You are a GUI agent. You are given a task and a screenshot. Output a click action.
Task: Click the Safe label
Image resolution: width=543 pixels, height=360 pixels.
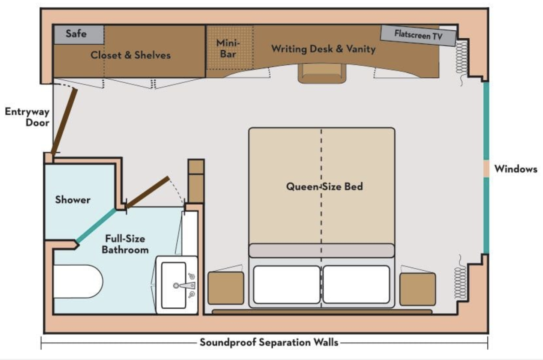pyautogui.click(x=76, y=34)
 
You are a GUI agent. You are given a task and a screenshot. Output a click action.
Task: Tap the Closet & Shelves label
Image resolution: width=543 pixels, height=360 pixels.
pyautogui.click(x=131, y=55)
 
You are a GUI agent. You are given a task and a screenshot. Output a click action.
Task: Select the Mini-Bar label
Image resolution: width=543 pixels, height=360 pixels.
pyautogui.click(x=228, y=48)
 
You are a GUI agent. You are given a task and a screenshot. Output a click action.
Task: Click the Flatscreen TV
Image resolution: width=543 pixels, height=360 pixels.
pyautogui.click(x=418, y=35)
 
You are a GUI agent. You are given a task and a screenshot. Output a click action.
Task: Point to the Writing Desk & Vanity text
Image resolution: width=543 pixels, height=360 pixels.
pyautogui.click(x=323, y=49)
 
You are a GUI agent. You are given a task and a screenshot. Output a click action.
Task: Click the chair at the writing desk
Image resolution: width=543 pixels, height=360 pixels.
pyautogui.click(x=322, y=73)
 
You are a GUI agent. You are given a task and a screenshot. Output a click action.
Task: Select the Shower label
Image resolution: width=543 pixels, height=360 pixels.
pyautogui.click(x=73, y=200)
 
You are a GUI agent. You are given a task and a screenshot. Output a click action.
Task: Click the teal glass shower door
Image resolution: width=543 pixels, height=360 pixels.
pyautogui.click(x=96, y=225)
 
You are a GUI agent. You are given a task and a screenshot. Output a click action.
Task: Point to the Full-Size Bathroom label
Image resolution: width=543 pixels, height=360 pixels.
pyautogui.click(x=125, y=244)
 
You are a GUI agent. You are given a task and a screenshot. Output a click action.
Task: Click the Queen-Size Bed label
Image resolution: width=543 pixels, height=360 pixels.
pyautogui.click(x=324, y=187)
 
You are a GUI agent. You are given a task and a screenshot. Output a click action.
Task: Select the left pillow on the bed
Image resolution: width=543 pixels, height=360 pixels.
pyautogui.click(x=287, y=284)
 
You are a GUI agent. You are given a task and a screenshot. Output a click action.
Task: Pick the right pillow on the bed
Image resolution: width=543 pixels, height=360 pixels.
pyautogui.click(x=356, y=284)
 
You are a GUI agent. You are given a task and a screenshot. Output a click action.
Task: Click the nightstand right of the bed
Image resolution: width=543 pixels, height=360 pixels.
pyautogui.click(x=417, y=288)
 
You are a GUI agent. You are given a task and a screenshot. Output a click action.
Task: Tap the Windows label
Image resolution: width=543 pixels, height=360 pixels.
pyautogui.click(x=516, y=169)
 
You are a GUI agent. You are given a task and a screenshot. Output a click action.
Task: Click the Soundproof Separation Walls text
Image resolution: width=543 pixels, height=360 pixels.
pyautogui.click(x=269, y=342)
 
